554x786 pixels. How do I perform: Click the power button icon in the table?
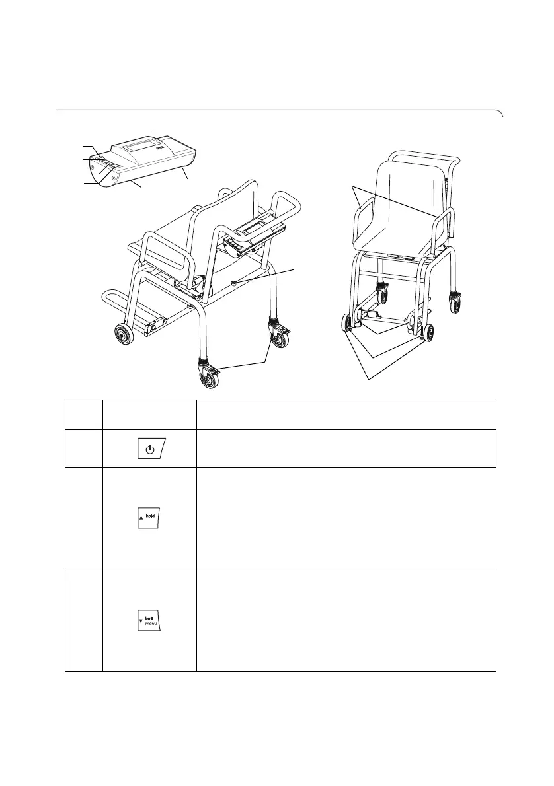(151, 450)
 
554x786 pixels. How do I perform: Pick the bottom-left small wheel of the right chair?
(347, 325)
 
